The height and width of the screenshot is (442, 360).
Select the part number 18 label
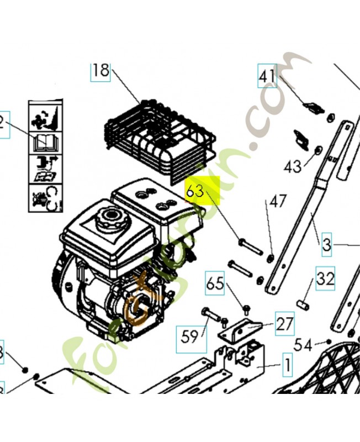click(x=100, y=71)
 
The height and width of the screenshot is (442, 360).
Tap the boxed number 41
click(x=267, y=77)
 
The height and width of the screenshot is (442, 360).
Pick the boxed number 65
click(x=215, y=283)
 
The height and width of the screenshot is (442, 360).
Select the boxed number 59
click(x=187, y=335)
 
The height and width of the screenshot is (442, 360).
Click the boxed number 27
click(x=284, y=324)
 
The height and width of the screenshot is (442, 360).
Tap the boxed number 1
click(x=287, y=365)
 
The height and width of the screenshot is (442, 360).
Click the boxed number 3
click(x=327, y=244)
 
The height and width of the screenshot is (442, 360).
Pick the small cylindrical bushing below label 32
click(x=303, y=304)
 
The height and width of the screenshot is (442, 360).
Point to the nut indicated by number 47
click(x=271, y=259)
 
